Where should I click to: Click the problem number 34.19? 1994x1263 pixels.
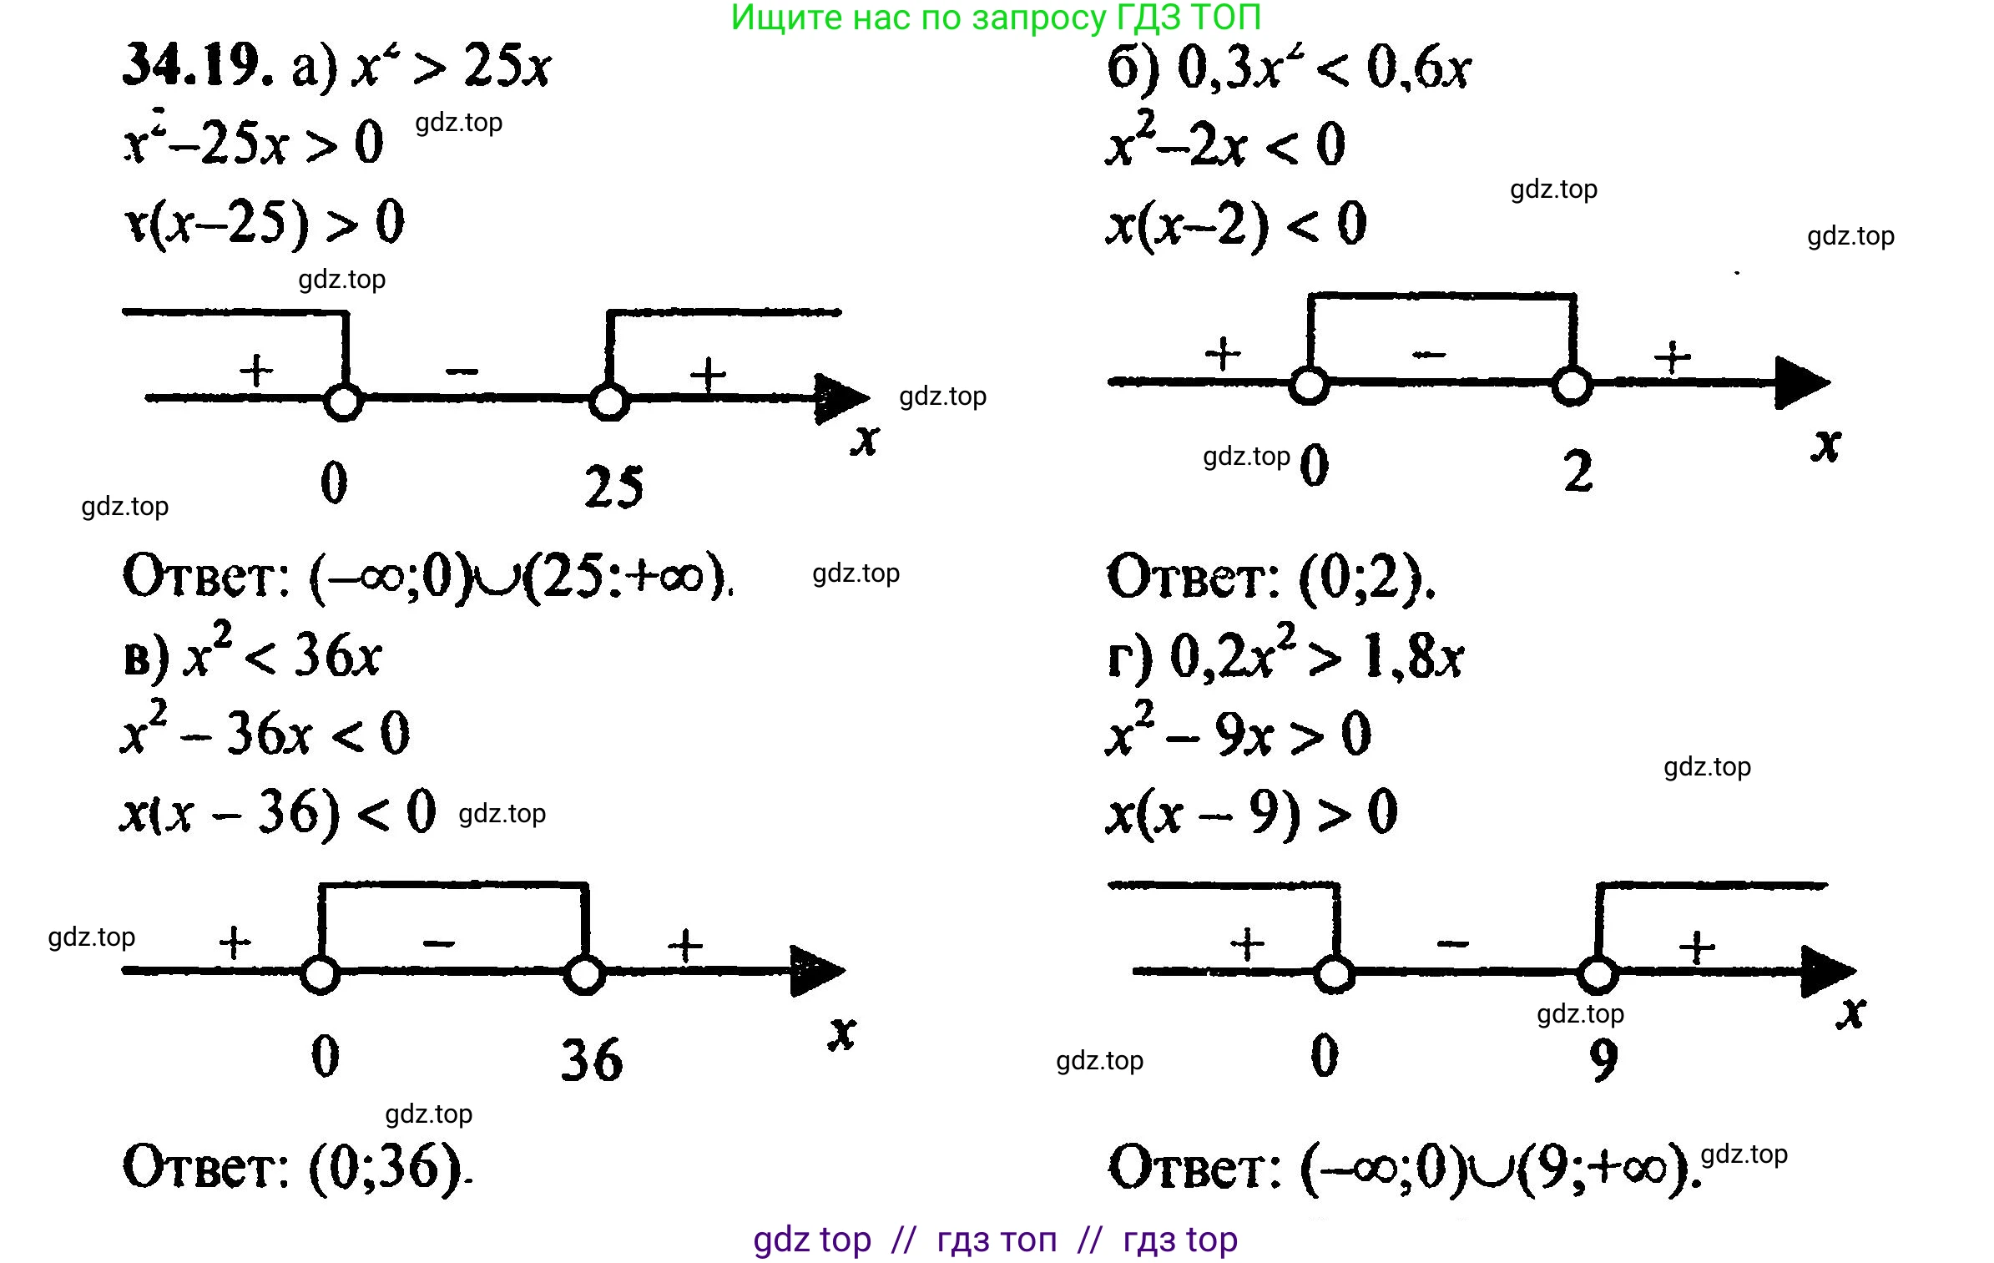197,66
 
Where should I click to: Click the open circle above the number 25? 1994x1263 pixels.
608,402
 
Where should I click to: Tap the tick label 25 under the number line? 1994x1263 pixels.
614,488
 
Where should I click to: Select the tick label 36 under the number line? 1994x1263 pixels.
592,1060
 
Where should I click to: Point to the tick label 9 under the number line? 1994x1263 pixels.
1603,1060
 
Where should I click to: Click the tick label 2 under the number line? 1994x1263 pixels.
1578,472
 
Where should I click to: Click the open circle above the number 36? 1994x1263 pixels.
584,974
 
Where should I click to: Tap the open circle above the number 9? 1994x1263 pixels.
1598,974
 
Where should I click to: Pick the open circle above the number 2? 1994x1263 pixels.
1572,386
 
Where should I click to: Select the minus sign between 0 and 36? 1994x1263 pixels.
439,944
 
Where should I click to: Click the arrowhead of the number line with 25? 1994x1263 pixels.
841,399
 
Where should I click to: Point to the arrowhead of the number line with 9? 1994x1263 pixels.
1828,972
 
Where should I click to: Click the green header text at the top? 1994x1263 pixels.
996,18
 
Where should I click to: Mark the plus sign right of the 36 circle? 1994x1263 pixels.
686,946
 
